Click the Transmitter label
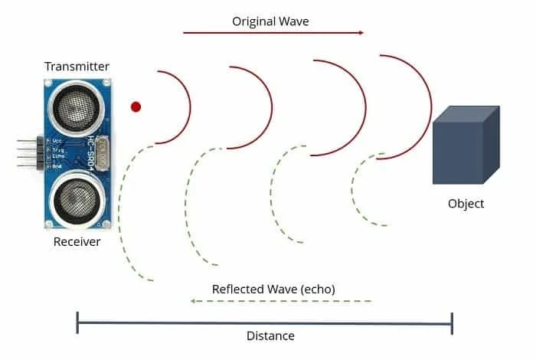tap(77, 67)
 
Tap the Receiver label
tap(77, 242)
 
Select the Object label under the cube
tap(466, 204)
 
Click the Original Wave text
tap(270, 21)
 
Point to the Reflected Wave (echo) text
tap(273, 289)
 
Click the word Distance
tap(270, 335)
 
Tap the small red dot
tap(136, 106)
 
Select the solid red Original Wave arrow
tap(273, 33)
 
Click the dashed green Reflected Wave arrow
tap(281, 301)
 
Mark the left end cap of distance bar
tap(77, 322)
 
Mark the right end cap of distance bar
tap(453, 322)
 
